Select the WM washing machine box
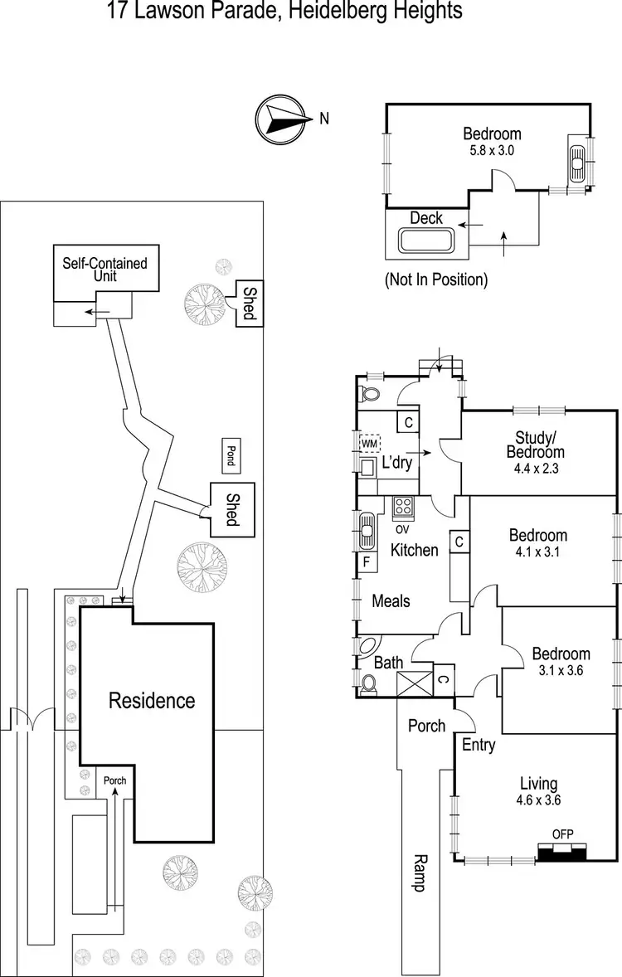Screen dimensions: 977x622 click(369, 444)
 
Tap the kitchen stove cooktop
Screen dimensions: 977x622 click(403, 505)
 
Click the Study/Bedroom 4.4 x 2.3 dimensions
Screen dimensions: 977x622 click(540, 467)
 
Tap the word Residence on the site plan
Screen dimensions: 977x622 click(153, 701)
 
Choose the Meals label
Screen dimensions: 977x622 click(391, 600)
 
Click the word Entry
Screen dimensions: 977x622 click(479, 744)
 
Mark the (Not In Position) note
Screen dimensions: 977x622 click(435, 279)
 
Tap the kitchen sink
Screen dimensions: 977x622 click(366, 528)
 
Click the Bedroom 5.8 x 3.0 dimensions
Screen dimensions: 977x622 click(492, 150)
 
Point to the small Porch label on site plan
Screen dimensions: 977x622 click(114, 780)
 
